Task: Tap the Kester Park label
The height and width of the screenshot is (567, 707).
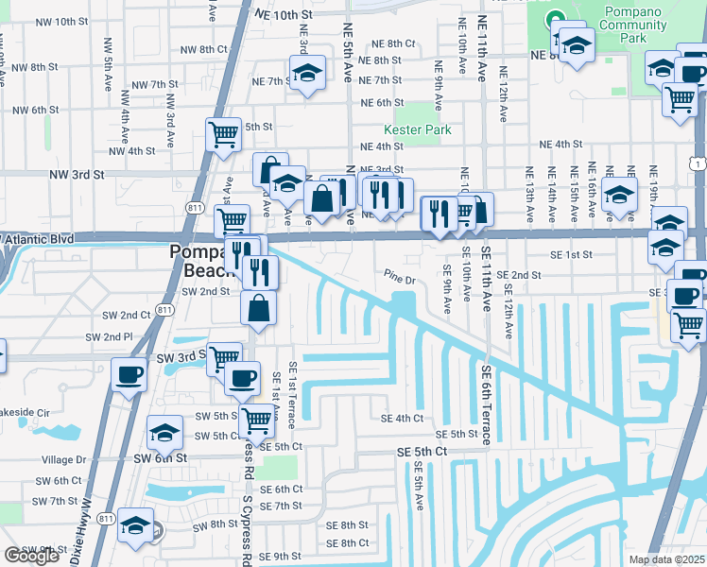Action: [417, 129]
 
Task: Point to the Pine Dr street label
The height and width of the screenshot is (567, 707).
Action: [400, 280]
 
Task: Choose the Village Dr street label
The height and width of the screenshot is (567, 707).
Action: [64, 460]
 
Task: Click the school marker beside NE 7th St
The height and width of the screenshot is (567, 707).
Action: [306, 73]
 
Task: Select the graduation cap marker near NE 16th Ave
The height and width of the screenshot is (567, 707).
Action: [619, 195]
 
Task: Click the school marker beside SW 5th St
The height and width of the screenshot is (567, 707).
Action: [165, 433]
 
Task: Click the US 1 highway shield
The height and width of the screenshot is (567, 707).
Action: [697, 164]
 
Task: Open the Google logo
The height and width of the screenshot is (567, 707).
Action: [31, 556]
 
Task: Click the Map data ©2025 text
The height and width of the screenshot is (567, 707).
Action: [666, 559]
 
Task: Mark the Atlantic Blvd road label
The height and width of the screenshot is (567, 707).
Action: [38, 240]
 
